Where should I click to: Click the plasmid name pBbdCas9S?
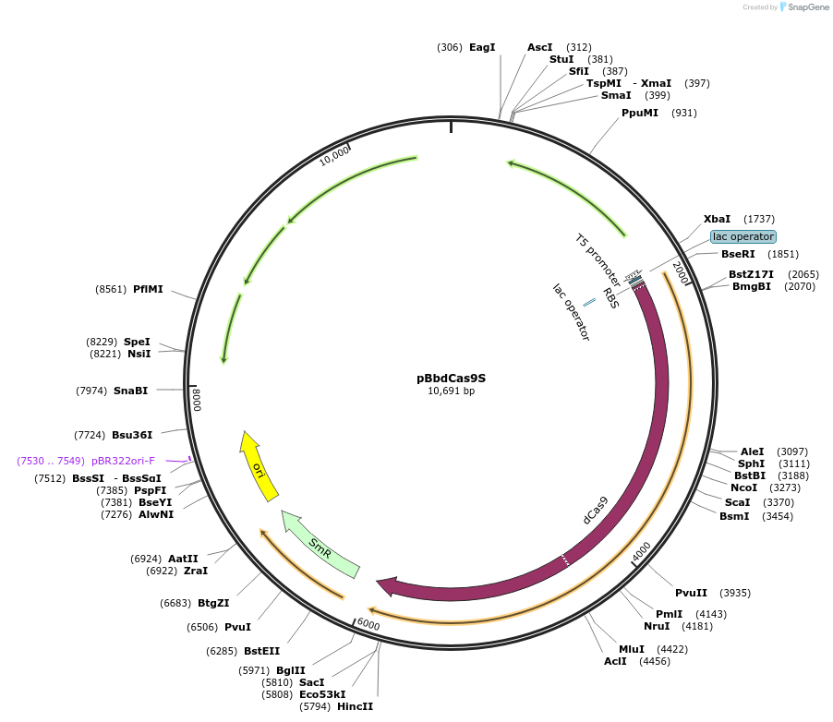pos(451,378)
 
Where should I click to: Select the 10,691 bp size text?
pos(451,391)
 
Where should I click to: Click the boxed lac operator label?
pos(742,236)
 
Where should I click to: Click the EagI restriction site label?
pos(482,47)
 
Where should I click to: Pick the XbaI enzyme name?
pos(717,219)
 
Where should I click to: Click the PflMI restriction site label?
pos(148,289)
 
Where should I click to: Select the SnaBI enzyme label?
pos(130,391)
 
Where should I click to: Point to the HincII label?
pos(355,706)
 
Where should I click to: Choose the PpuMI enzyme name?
pos(640,113)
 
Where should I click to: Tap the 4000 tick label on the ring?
pos(641,552)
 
